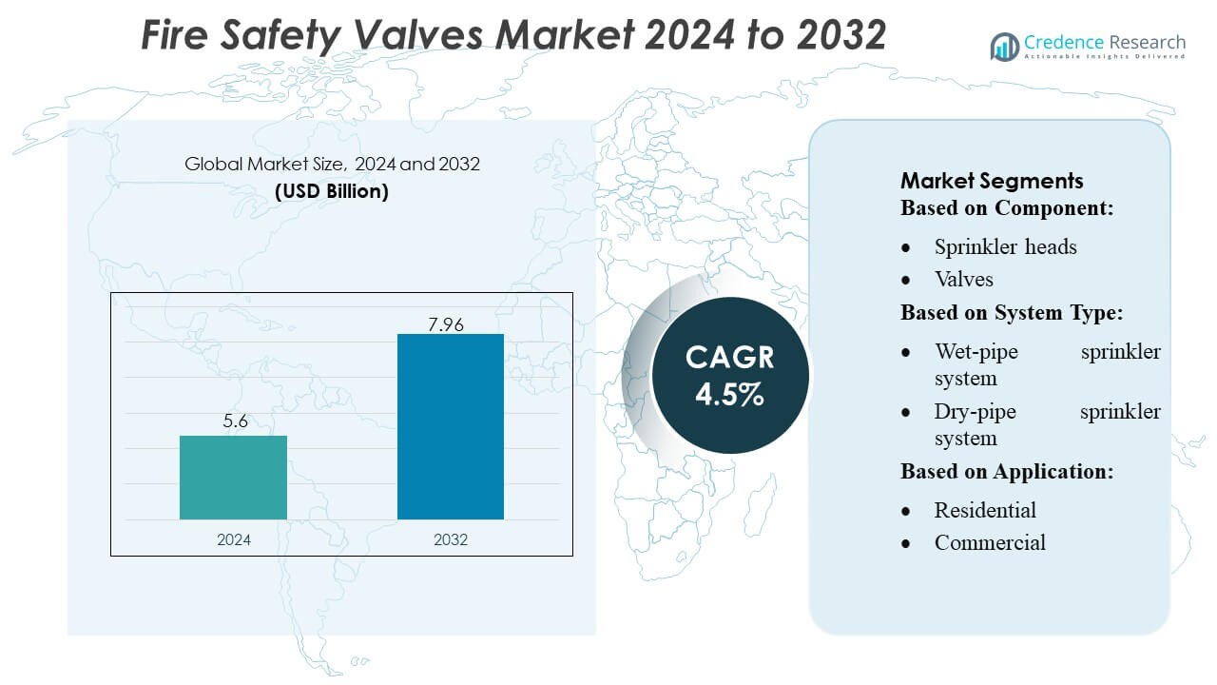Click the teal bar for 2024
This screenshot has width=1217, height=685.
click(233, 478)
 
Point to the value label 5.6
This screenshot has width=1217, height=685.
click(235, 421)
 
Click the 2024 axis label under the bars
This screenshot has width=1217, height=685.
click(234, 539)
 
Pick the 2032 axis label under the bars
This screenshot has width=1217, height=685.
click(451, 539)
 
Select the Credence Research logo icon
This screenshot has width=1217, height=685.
click(1004, 46)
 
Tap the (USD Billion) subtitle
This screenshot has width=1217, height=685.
click(332, 190)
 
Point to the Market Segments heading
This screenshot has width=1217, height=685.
click(992, 181)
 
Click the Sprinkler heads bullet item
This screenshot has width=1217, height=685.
click(1005, 246)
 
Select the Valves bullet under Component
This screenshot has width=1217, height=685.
click(963, 279)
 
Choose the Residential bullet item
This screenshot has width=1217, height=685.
click(985, 510)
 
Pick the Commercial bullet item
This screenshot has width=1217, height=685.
click(990, 542)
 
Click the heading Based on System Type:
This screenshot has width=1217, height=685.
click(1012, 313)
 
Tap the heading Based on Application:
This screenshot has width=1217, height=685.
click(1007, 471)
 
